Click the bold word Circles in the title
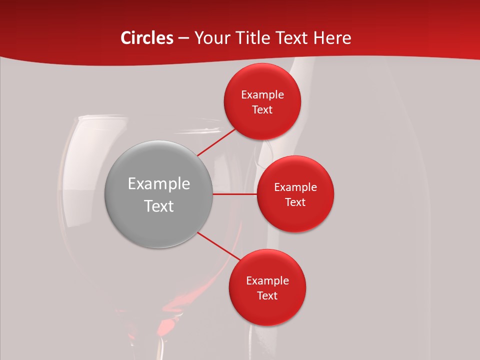(147, 38)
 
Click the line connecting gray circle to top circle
(216, 142)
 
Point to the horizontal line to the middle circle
(235, 194)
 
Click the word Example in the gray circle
(159, 184)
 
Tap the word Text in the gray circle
(159, 206)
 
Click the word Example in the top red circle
(262, 94)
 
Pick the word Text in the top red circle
(262, 110)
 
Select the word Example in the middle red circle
(295, 187)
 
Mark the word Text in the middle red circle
(295, 202)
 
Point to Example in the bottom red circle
(267, 280)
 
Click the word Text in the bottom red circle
(267, 295)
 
